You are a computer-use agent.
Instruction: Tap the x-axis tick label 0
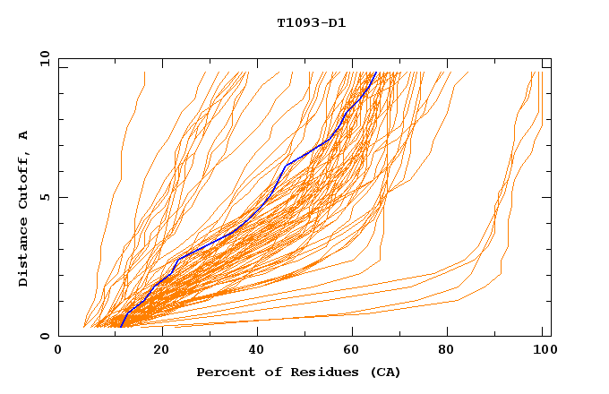pos(59,350)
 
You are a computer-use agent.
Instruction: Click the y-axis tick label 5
pos(44,197)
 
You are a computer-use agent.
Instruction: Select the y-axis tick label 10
pos(44,59)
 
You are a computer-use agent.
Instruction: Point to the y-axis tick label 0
pos(44,336)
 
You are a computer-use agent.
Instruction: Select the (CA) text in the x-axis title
pos(382,372)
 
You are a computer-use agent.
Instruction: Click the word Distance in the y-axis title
pos(24,254)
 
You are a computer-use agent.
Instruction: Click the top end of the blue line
pos(375,73)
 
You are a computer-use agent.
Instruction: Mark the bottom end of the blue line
pos(121,327)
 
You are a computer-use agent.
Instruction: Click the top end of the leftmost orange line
pos(144,73)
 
